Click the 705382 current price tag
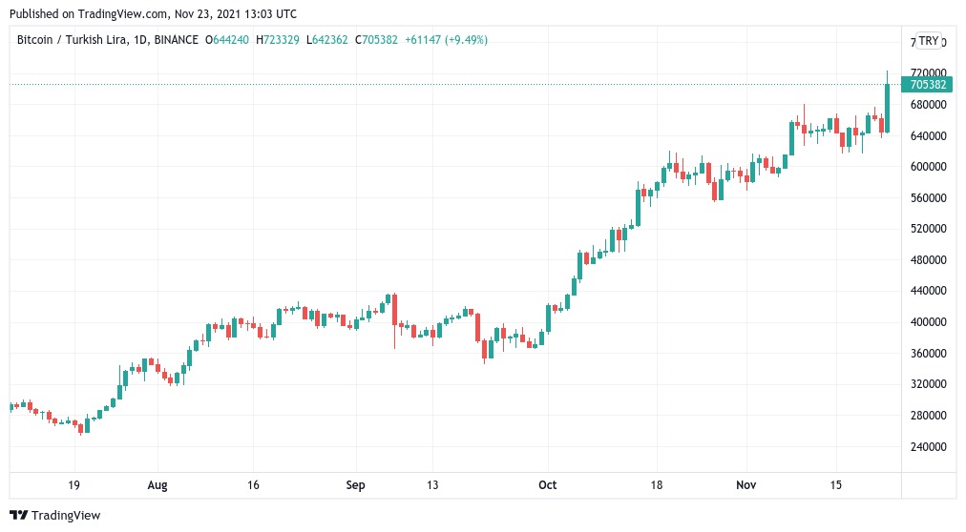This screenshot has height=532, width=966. coord(928,85)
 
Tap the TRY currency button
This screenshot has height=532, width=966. coord(929,41)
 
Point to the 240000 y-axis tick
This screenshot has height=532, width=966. coord(927,447)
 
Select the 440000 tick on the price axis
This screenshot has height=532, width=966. coord(927,291)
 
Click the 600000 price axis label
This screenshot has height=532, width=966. coord(927,167)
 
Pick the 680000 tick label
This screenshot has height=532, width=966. coord(927,105)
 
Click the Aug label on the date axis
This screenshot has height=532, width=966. coord(157,485)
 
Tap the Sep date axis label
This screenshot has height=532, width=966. coord(355,485)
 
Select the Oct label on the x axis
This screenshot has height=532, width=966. coord(547,485)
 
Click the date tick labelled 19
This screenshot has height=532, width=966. coord(74,485)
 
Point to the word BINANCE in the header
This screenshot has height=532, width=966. coord(176,40)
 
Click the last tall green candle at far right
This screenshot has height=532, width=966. coord(888,107)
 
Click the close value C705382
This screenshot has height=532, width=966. coord(376,40)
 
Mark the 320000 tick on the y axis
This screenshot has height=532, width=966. coord(927,384)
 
